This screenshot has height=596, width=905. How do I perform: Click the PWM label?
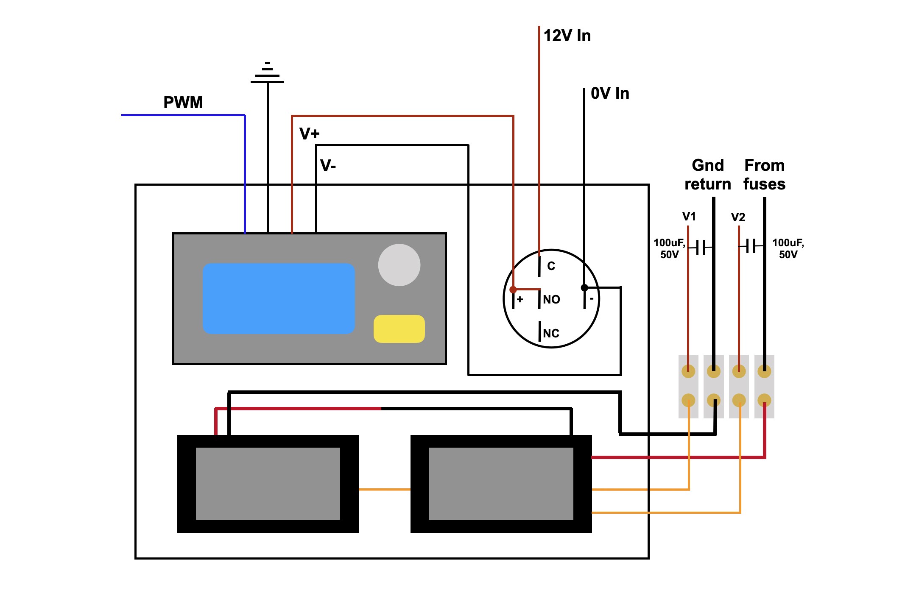[183, 103]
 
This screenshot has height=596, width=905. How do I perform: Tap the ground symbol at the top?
[267, 72]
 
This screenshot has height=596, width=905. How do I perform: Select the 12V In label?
[567, 36]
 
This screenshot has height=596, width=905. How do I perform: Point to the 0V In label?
[610, 93]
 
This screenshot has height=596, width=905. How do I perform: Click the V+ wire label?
[309, 134]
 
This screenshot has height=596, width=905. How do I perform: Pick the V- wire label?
[328, 165]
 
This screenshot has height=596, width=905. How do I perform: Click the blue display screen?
[279, 298]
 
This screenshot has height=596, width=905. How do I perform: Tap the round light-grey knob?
[399, 265]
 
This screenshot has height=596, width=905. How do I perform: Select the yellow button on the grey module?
[399, 329]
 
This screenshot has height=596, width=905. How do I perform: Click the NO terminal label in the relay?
[551, 300]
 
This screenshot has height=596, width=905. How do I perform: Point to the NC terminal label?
[551, 334]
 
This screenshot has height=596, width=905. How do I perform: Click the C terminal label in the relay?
[551, 266]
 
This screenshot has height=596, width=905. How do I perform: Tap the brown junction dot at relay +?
[513, 290]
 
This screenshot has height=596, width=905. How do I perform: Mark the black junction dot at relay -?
[584, 288]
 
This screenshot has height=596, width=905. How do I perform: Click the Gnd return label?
[708, 175]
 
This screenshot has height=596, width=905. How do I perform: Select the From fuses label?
[764, 175]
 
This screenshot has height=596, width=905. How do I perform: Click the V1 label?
[689, 217]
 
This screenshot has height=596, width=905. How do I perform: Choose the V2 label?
[738, 217]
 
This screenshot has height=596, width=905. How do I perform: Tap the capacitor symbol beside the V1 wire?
[701, 247]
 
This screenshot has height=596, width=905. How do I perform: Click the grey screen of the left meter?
[268, 484]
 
